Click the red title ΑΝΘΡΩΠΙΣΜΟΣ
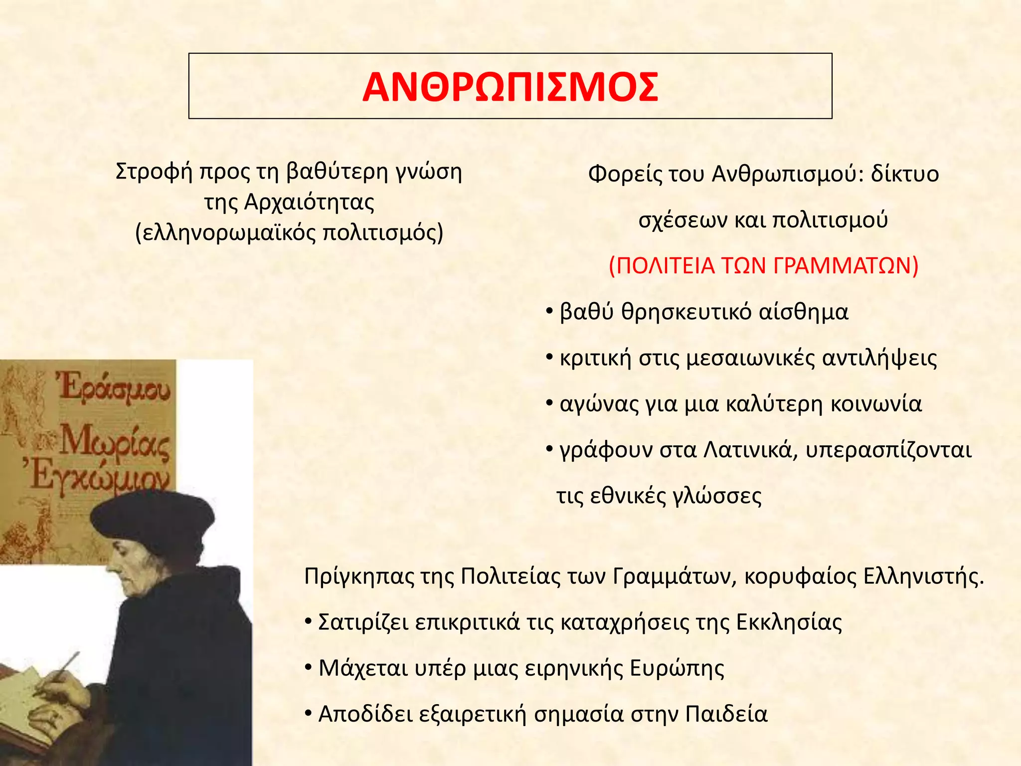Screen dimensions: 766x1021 [510, 87]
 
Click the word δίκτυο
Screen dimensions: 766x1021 [904, 174]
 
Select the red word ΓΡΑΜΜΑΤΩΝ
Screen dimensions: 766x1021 [846, 266]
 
